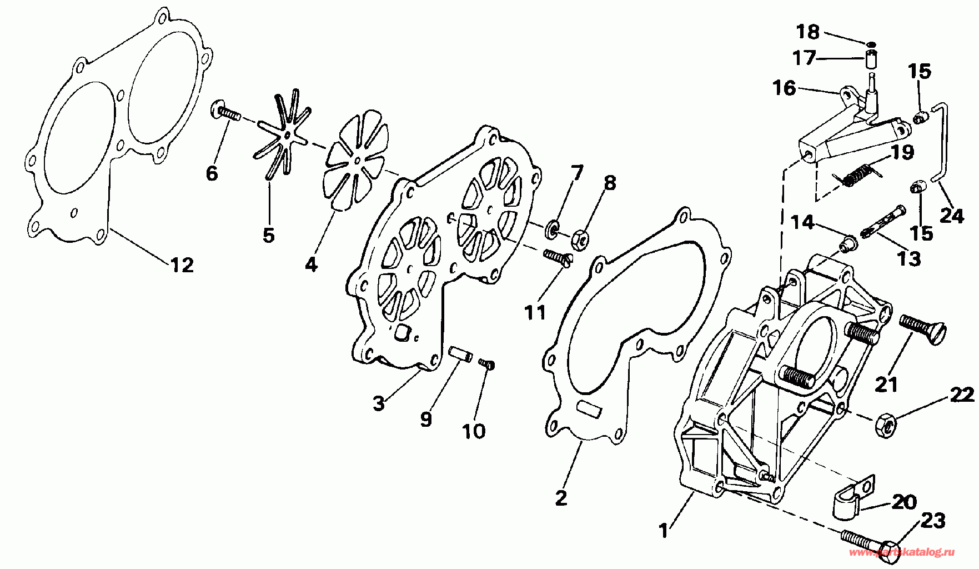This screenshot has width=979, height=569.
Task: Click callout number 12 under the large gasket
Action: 182,265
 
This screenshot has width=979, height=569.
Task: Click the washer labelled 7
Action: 553,228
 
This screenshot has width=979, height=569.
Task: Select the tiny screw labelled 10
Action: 486,364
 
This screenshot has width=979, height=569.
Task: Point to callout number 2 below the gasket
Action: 561,497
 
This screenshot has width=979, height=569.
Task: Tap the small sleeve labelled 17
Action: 871,58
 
